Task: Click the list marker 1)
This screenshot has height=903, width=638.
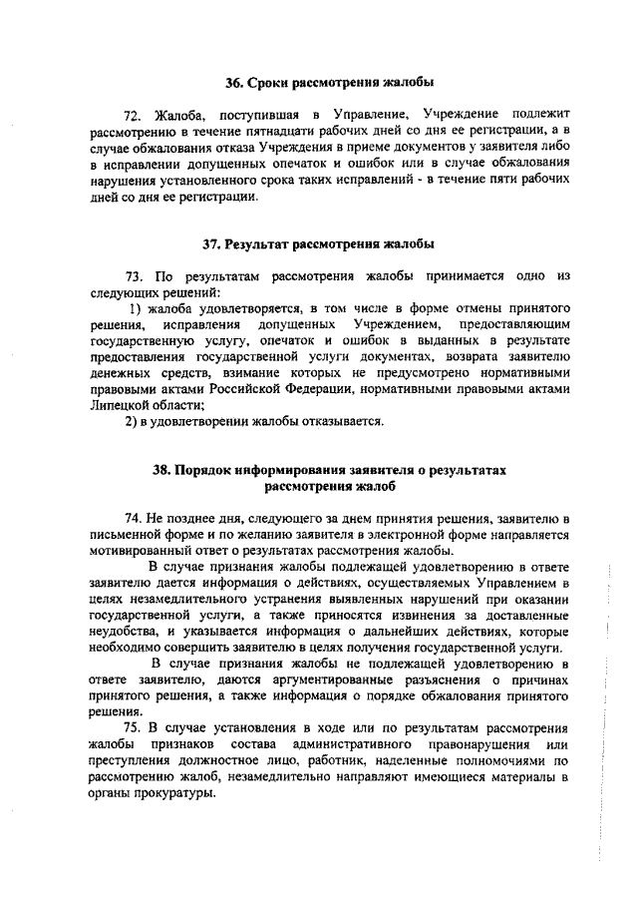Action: coord(125,308)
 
